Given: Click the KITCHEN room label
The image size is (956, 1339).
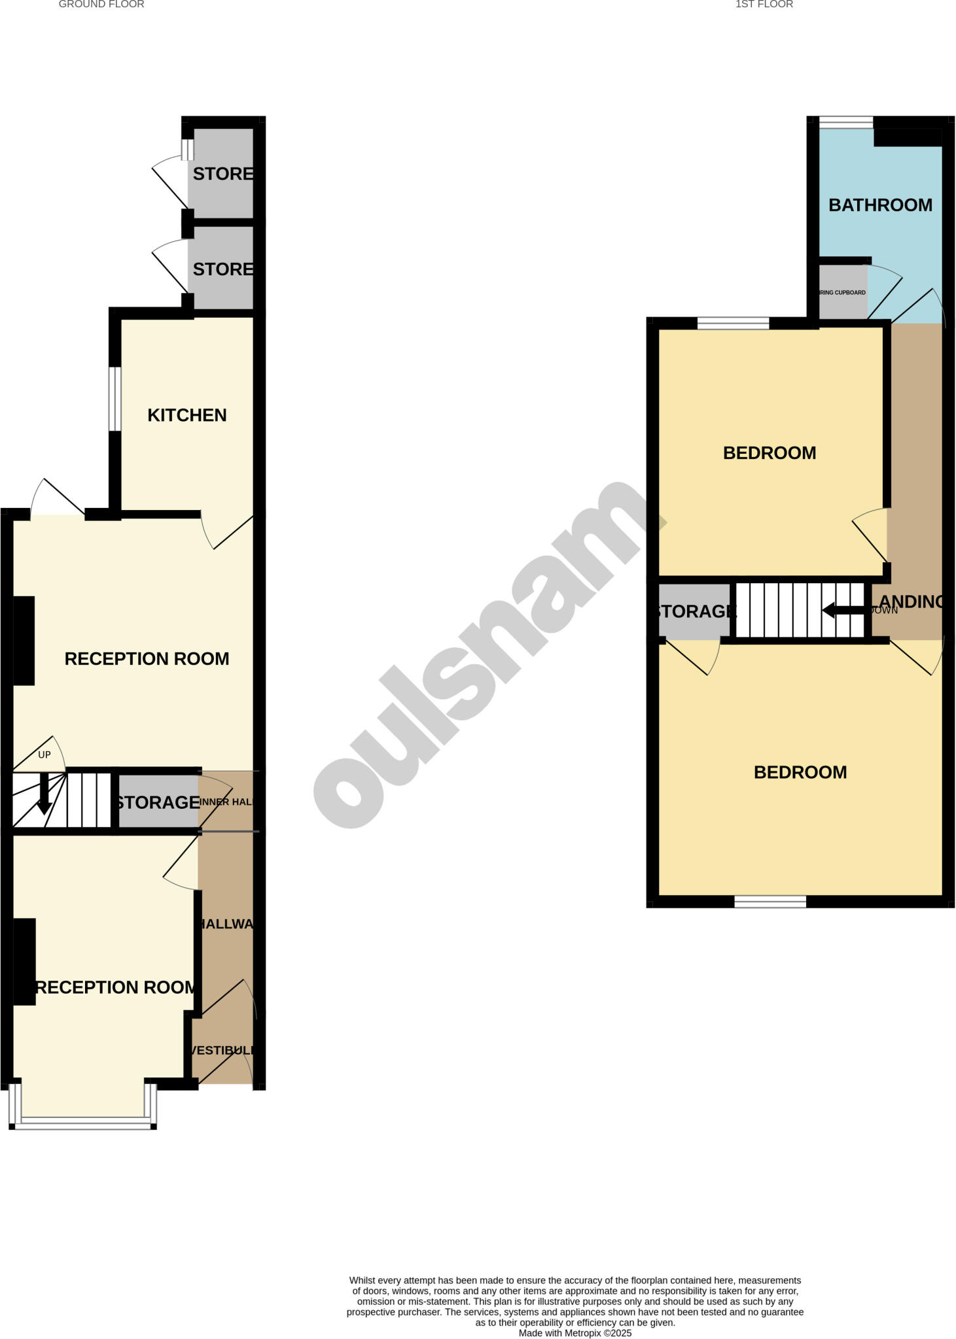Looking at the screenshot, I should pyautogui.click(x=186, y=415).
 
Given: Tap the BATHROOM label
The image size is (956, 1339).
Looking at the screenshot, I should pyautogui.click(x=880, y=205).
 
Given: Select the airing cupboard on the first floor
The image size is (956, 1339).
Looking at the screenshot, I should pyautogui.click(x=842, y=292).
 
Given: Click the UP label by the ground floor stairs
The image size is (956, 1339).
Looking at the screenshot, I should pyautogui.click(x=44, y=754).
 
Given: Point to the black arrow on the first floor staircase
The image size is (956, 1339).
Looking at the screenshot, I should pyautogui.click(x=845, y=611).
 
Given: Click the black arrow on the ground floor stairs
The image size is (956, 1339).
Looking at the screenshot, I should pyautogui.click(x=44, y=794).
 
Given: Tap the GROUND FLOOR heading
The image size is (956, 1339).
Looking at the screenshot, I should pyautogui.click(x=101, y=5).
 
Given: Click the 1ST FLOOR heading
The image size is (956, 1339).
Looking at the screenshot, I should pyautogui.click(x=764, y=5).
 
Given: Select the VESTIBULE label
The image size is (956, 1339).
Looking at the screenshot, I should pyautogui.click(x=222, y=1050).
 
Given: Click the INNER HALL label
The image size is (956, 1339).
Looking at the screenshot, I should pyautogui.click(x=226, y=802).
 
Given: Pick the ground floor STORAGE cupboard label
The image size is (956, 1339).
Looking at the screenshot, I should pyautogui.click(x=158, y=802).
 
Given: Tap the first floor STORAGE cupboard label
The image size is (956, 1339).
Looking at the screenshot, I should pyautogui.click(x=696, y=611).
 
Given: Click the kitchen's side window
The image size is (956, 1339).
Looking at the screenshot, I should pyautogui.click(x=115, y=399).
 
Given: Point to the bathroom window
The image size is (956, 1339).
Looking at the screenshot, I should pyautogui.click(x=845, y=122).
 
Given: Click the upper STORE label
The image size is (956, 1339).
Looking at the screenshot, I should pyautogui.click(x=222, y=174).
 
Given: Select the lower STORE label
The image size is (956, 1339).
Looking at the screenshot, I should pyautogui.click(x=222, y=269).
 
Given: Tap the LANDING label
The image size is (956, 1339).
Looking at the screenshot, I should pyautogui.click(x=911, y=602).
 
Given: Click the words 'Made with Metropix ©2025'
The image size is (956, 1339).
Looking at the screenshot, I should pyautogui.click(x=575, y=1333).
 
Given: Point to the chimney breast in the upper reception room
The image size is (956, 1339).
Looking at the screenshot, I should pyautogui.click(x=24, y=640).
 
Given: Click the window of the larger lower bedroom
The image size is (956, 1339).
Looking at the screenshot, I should pyautogui.click(x=770, y=902).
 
